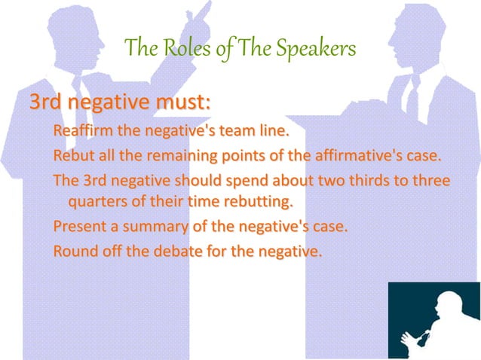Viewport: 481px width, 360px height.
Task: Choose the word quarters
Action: click(x=98, y=202)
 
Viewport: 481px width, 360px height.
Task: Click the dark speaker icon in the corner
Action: click(x=433, y=319)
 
